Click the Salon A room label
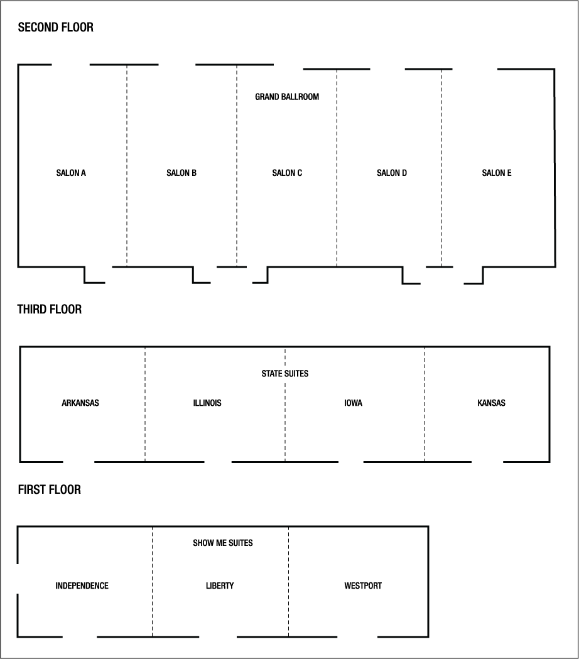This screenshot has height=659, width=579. (x=71, y=173)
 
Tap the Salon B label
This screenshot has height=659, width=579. (x=181, y=173)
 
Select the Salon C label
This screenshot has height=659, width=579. (x=287, y=173)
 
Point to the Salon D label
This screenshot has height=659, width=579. (x=392, y=173)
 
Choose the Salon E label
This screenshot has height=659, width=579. (x=497, y=173)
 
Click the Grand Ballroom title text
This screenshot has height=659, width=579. (x=287, y=97)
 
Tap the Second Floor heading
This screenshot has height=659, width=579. (x=56, y=27)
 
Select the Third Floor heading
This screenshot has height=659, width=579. (x=50, y=309)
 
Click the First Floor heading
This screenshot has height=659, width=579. (x=50, y=489)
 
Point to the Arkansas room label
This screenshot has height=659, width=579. (x=80, y=403)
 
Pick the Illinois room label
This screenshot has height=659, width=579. (x=207, y=403)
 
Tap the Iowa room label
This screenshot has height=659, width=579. (x=353, y=403)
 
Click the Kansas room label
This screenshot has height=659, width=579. (x=491, y=403)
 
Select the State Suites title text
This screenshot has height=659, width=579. (x=285, y=374)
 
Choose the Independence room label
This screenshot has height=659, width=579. (x=82, y=585)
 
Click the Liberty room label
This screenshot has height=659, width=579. (x=220, y=585)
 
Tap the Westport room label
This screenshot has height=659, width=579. (x=363, y=585)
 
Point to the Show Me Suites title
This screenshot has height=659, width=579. (x=223, y=542)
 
